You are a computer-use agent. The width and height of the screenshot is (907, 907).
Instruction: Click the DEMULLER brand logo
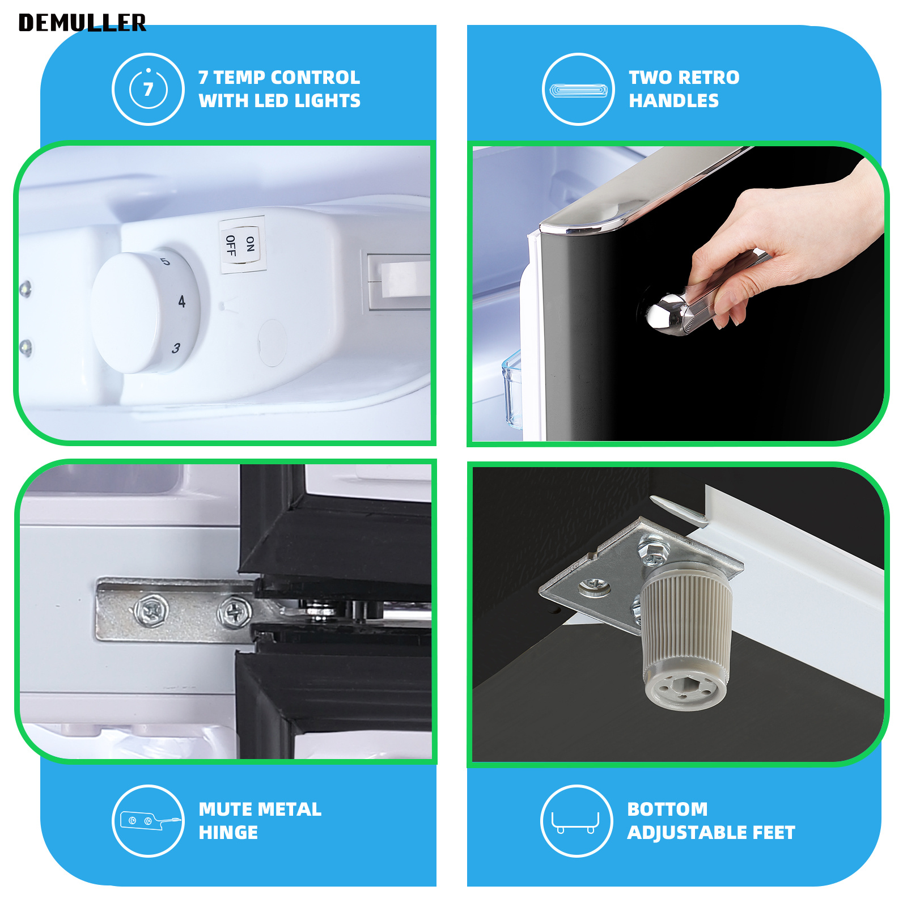tap(82, 23)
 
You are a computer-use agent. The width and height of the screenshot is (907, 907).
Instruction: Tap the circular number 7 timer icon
tap(148, 89)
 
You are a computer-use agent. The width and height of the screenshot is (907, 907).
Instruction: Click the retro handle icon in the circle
tap(578, 89)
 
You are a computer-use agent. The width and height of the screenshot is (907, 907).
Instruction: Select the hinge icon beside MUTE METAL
tap(148, 821)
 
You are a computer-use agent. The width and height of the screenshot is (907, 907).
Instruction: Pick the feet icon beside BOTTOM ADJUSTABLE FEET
tap(577, 821)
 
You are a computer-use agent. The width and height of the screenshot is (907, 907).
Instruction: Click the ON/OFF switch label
tap(241, 245)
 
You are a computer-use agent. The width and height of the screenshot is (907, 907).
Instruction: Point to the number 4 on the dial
tap(181, 301)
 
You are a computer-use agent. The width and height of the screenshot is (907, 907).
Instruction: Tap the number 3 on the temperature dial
tap(176, 347)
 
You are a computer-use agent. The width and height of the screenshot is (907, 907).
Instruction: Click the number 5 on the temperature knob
tap(164, 261)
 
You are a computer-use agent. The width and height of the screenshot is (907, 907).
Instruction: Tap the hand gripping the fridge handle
tap(782, 244)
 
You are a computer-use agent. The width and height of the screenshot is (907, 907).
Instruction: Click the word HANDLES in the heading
tap(673, 101)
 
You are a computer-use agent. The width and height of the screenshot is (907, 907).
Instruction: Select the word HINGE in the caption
tap(228, 832)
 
